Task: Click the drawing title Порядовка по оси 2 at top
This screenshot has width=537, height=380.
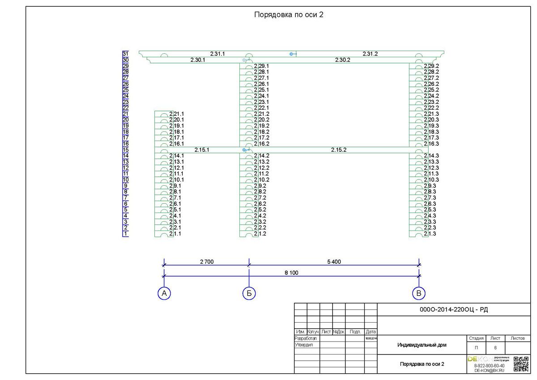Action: (289, 14)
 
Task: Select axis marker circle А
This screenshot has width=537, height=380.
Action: (164, 293)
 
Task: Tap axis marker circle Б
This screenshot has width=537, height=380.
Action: (249, 293)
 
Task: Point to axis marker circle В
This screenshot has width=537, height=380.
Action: (418, 293)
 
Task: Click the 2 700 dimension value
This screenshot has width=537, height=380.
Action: (206, 262)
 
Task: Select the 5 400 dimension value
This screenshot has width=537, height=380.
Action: (334, 262)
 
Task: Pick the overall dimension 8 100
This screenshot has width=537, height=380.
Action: (291, 273)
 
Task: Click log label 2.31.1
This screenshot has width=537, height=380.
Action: (217, 54)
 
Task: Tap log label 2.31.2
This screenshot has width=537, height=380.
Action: (370, 54)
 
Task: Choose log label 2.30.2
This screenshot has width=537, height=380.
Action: (342, 60)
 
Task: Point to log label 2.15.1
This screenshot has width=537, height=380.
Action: (202, 150)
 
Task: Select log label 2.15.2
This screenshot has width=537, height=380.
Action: (339, 150)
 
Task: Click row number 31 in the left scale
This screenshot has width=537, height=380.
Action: (125, 54)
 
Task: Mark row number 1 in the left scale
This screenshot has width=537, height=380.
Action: (126, 234)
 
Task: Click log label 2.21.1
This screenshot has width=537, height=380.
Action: (176, 114)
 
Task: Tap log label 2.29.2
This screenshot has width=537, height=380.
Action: (431, 66)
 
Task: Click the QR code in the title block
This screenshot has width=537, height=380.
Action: (521, 364)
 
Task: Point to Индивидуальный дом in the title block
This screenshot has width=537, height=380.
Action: (422, 345)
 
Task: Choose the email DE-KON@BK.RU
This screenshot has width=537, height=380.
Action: (489, 371)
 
